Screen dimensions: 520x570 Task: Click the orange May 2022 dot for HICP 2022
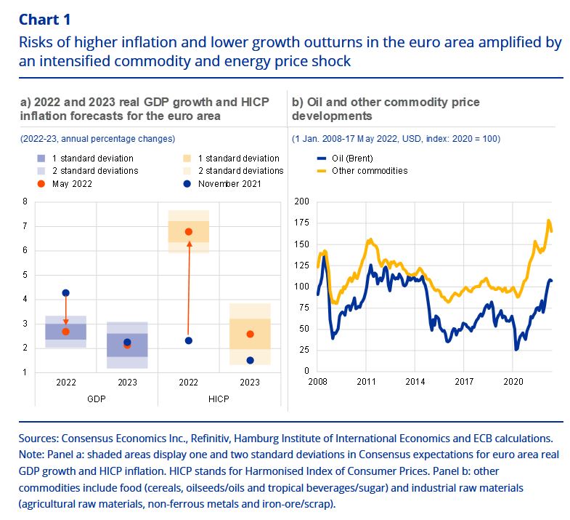(x=189, y=232)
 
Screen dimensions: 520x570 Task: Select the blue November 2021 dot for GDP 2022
(x=66, y=293)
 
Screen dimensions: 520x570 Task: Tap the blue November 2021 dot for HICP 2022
(x=189, y=340)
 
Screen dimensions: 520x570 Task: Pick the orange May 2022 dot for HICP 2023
(x=250, y=334)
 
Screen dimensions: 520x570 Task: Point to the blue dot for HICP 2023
(x=250, y=360)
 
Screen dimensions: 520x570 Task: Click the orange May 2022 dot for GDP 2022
(x=66, y=332)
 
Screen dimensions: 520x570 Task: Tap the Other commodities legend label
(x=369, y=171)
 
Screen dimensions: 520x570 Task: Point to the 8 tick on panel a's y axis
(x=25, y=201)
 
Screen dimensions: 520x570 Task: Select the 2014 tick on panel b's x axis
(x=415, y=380)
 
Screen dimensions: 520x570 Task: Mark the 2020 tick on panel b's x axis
(x=513, y=380)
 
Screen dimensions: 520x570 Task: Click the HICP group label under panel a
(x=219, y=399)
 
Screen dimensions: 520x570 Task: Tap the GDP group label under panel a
(x=96, y=399)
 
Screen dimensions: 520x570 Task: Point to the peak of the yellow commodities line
(x=548, y=220)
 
